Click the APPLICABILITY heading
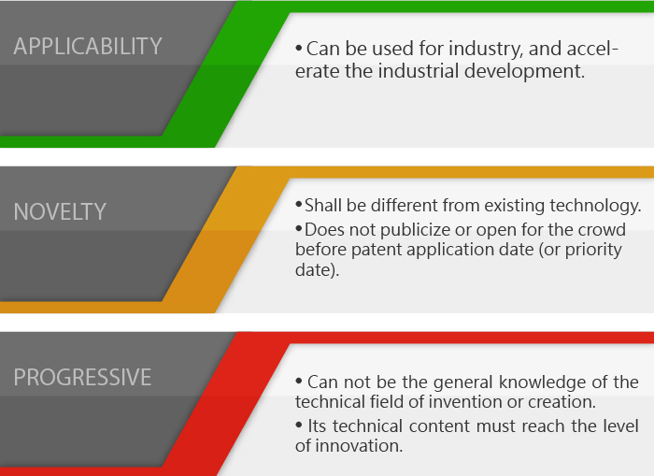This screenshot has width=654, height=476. click(88, 46)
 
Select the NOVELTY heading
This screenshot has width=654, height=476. click(60, 211)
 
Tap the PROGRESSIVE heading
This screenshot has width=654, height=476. click(82, 377)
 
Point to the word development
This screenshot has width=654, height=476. click(524, 72)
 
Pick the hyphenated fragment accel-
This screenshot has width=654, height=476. click(592, 49)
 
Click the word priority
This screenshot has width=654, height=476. click(593, 251)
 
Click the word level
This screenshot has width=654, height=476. click(621, 426)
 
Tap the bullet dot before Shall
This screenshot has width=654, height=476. click(299, 205)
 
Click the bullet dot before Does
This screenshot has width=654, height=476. click(299, 228)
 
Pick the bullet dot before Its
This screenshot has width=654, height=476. click(299, 426)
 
